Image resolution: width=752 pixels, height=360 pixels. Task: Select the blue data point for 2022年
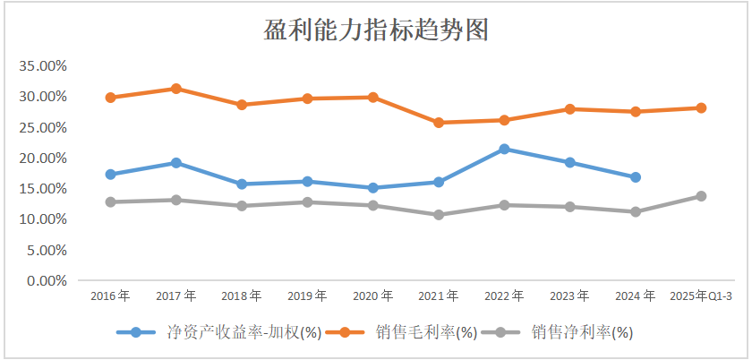[x=504, y=149]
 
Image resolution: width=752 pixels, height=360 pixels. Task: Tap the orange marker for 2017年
[x=176, y=89]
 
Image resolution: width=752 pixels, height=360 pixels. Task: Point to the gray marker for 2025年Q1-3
[x=701, y=196]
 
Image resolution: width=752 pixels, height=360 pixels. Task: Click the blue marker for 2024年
[x=636, y=177]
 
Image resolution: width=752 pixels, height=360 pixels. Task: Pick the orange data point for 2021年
[x=439, y=123]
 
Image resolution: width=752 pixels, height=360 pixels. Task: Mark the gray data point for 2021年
[x=439, y=215]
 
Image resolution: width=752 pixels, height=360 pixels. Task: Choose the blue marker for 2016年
[x=111, y=175]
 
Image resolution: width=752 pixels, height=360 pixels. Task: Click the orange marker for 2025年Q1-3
[x=701, y=108]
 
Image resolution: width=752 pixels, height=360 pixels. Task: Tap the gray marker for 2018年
[x=242, y=206]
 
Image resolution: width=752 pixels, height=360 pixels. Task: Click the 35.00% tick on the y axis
[x=44, y=66]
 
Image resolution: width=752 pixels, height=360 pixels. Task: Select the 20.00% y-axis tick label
[x=44, y=159]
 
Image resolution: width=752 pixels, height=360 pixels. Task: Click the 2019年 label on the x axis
[x=307, y=296]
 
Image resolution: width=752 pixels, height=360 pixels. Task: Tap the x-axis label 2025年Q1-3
[x=701, y=296]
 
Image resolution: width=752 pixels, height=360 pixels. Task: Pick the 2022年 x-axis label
[x=504, y=296]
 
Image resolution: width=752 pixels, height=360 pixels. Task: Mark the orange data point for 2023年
[x=570, y=109]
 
